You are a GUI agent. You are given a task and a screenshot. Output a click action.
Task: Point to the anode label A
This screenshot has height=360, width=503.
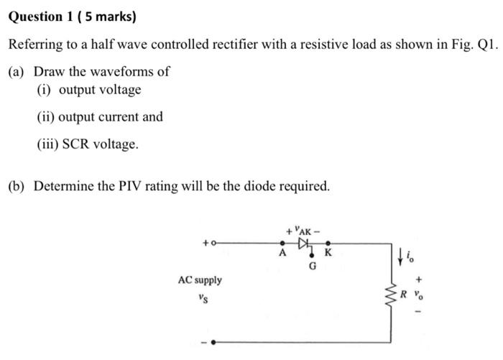282,254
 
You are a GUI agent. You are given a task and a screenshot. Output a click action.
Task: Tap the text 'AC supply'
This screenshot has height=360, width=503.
200,280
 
